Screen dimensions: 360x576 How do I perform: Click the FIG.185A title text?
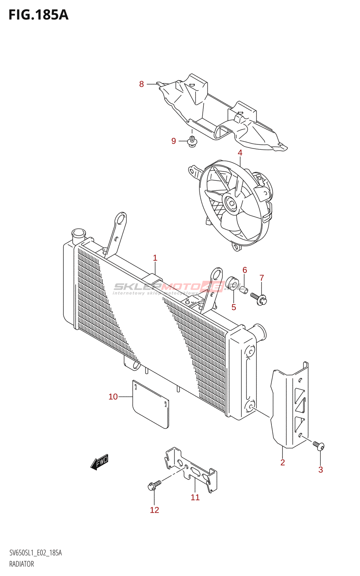coord(38,15)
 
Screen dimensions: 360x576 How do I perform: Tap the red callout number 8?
coord(141,84)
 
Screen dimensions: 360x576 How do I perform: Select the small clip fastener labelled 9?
coord(193,141)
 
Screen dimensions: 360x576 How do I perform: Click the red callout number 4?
coord(240,153)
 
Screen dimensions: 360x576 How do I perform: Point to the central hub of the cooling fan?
coord(230,204)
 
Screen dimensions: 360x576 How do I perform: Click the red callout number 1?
coord(155,258)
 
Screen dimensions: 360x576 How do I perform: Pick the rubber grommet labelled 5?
coord(233,283)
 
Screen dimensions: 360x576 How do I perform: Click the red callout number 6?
coord(245,270)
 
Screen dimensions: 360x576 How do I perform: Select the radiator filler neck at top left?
coord(78,236)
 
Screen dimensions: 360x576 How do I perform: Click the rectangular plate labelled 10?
coord(150,405)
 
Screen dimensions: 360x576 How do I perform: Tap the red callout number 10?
coord(113,397)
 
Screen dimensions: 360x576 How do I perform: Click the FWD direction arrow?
coord(99,462)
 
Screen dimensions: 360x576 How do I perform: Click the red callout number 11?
coord(195,497)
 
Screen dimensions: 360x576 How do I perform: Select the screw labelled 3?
coord(319,446)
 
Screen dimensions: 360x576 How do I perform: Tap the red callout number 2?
coord(283,463)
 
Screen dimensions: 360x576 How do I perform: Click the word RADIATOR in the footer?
coord(22,564)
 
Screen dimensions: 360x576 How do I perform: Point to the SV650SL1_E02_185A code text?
coord(36,553)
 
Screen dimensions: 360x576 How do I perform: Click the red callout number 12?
coord(154,510)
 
